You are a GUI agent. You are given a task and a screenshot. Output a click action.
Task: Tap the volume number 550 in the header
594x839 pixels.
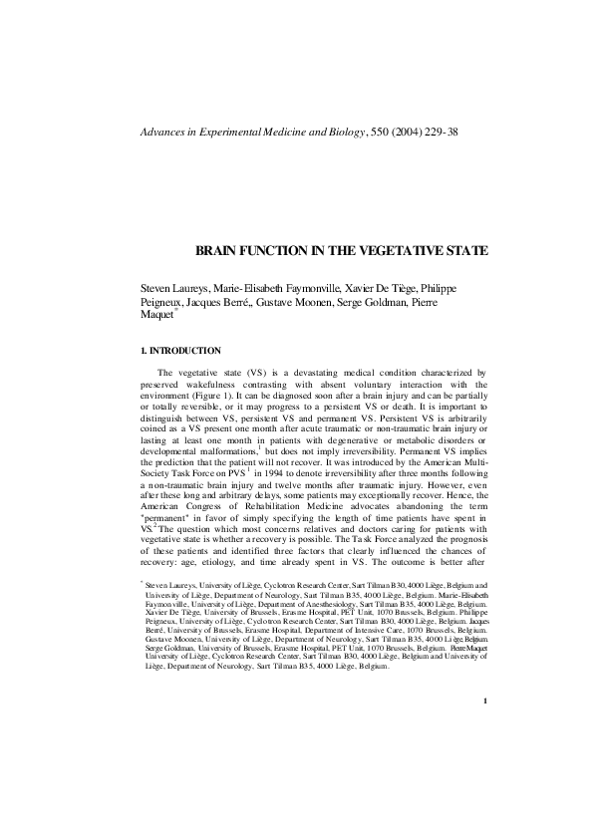377,132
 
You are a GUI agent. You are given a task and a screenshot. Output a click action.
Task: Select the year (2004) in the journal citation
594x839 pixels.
412,132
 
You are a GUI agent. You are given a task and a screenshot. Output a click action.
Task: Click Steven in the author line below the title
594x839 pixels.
159,288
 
